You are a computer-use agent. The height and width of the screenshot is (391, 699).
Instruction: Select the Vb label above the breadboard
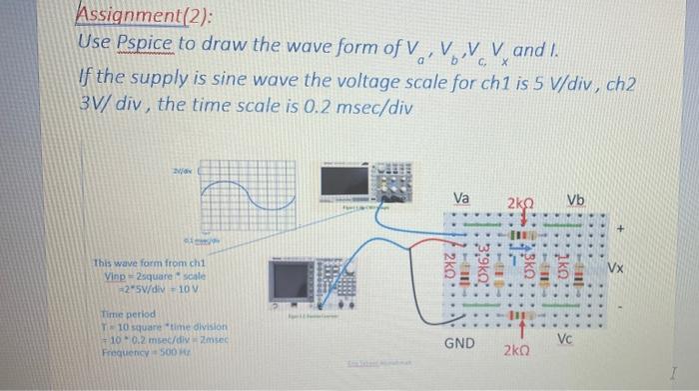pyautogui.click(x=577, y=199)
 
